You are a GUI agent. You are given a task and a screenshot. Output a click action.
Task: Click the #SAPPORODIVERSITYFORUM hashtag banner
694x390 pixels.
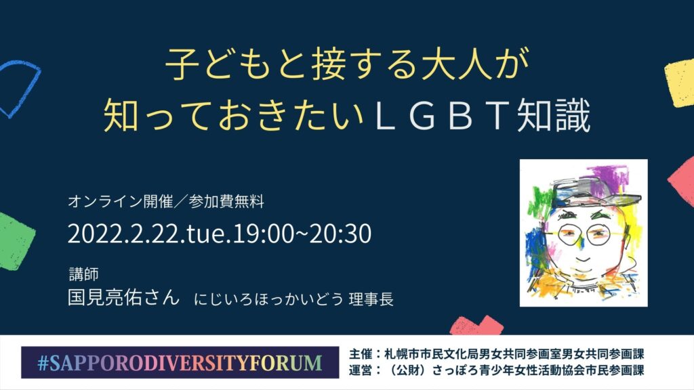click(180, 363)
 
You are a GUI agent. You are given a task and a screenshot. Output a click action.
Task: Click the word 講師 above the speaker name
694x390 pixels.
click(83, 274)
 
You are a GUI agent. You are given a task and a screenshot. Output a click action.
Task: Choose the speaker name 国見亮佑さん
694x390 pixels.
click(123, 297)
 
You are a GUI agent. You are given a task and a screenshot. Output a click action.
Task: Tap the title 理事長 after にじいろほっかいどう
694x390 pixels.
click(371, 299)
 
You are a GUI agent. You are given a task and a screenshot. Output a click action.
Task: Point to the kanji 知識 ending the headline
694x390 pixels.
click(554, 115)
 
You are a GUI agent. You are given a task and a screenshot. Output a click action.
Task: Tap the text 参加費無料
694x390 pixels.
click(226, 202)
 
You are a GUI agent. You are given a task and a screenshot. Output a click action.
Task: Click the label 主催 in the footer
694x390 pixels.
click(361, 354)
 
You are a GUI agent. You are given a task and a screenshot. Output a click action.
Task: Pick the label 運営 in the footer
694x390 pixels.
click(361, 370)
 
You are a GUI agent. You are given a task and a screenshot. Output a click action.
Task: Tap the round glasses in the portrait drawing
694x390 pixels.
click(584, 234)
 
